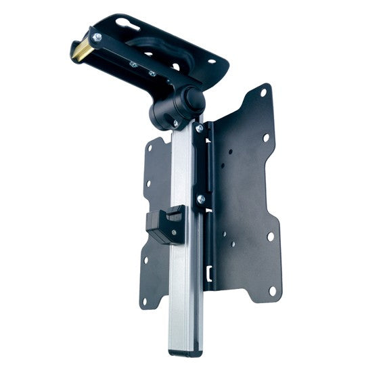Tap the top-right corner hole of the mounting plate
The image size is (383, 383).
coord(263,96)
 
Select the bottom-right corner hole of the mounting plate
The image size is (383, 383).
coord(273,291)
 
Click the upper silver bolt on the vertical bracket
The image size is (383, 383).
coord(199,128)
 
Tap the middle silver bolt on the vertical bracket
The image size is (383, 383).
coord(201,199)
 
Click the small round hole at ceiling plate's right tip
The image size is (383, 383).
coord(211,61)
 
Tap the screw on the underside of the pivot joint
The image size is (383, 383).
coord(175,122)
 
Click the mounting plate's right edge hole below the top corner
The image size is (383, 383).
coord(266,137)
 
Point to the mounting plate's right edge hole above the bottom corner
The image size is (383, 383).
coord(270,237)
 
